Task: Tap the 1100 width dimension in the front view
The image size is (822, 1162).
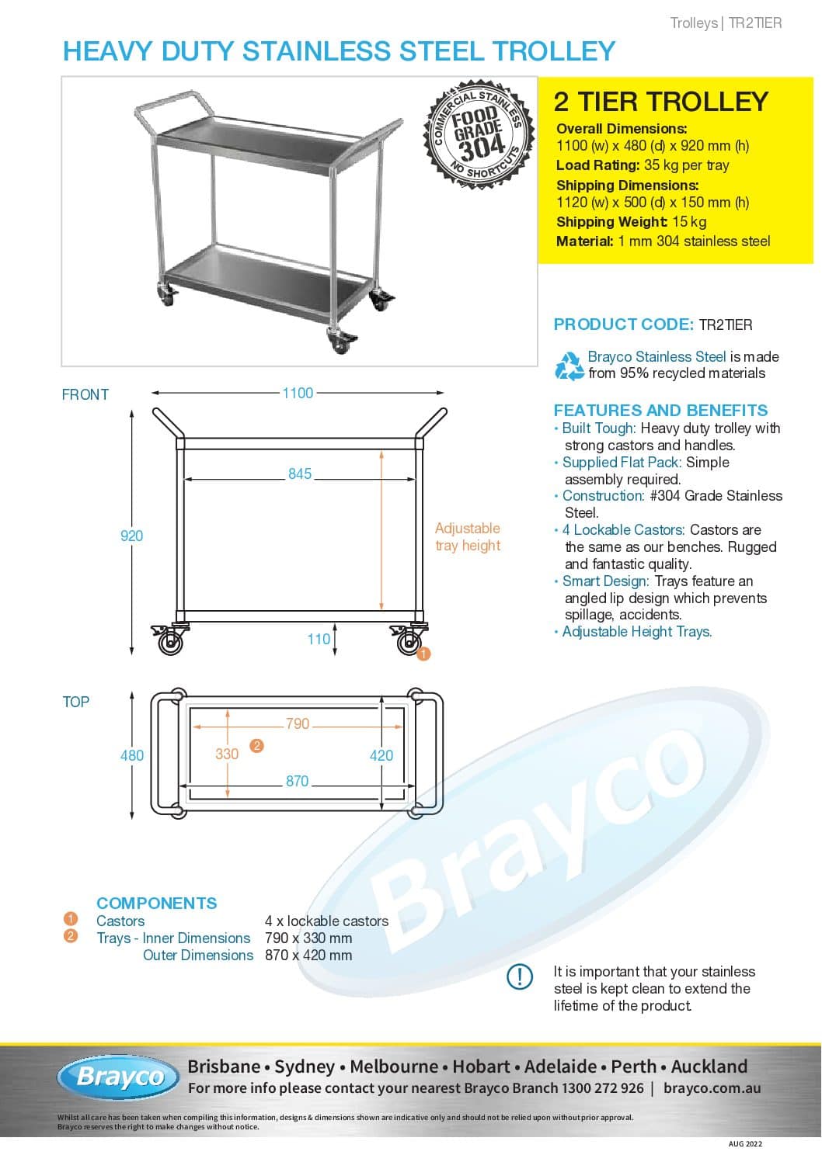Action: point(298,394)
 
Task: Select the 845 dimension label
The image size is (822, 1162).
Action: point(300,474)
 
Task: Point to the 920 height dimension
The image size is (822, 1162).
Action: point(131,536)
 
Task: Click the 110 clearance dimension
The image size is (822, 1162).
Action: point(319,639)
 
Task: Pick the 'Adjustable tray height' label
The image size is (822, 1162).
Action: point(468,536)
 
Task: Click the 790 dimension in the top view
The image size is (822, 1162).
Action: point(298,724)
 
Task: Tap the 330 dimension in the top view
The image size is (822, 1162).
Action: point(227,754)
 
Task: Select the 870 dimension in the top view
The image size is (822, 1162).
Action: point(298,782)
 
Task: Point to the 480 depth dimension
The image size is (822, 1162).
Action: point(131,755)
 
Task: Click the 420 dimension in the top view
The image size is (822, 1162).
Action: point(381,755)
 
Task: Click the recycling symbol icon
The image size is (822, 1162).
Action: point(569,366)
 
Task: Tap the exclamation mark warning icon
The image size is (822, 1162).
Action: point(520,976)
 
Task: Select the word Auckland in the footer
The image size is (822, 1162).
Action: point(709,1067)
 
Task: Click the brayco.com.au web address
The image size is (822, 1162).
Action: point(712,1088)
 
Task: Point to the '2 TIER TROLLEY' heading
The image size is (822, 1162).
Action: point(660,102)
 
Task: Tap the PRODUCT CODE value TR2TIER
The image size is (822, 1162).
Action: point(726,324)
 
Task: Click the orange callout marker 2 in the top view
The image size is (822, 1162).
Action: point(256,746)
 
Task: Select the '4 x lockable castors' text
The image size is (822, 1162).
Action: point(326,921)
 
